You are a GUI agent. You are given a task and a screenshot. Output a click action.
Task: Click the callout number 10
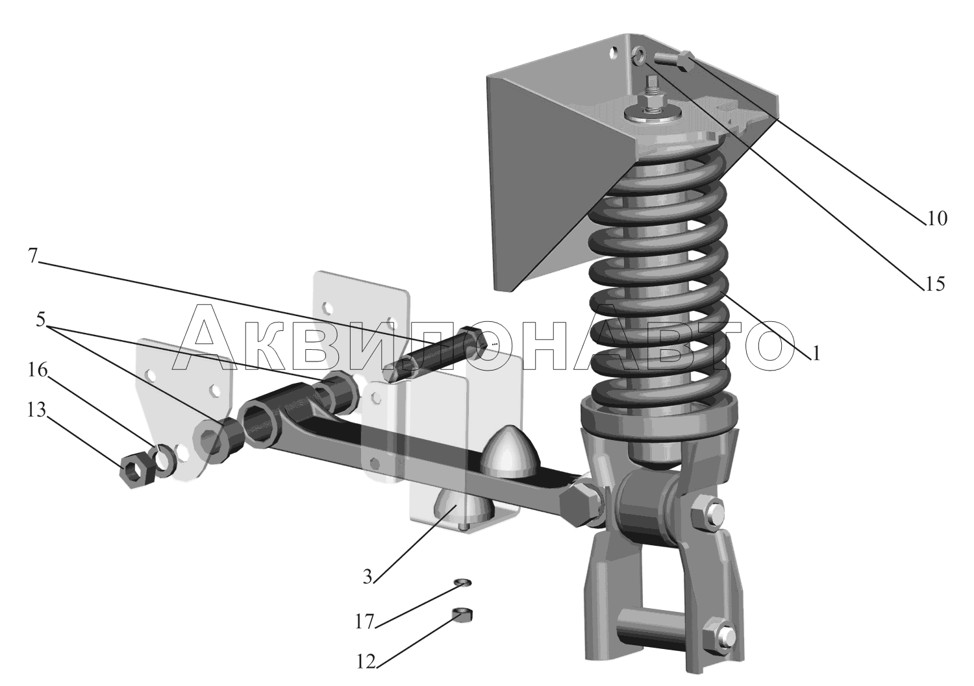tap(936, 219)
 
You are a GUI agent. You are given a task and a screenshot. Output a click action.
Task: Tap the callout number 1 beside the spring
tap(816, 354)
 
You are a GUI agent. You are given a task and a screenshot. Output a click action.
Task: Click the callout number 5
tap(40, 319)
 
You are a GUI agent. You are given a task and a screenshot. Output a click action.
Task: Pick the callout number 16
tap(38, 371)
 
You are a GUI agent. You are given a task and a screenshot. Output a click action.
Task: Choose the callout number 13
tap(36, 410)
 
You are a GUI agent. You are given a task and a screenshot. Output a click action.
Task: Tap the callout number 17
tap(364, 622)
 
